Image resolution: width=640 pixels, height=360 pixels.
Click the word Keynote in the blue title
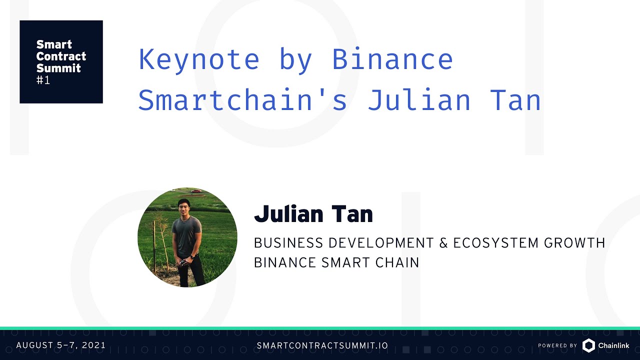pyautogui.click(x=199, y=59)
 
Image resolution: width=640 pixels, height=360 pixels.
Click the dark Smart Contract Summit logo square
pyautogui.click(x=61, y=62)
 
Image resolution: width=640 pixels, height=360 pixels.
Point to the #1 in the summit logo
pyautogui.click(x=43, y=80)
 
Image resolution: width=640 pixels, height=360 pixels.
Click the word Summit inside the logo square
pyautogui.click(x=58, y=68)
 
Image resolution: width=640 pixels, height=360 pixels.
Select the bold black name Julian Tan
pyautogui.click(x=313, y=214)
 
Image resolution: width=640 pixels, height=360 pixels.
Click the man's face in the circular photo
pyautogui.click(x=184, y=207)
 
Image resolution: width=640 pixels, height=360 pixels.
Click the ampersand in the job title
pyautogui.click(x=443, y=243)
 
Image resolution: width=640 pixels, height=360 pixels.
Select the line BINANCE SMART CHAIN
pyautogui.click(x=336, y=262)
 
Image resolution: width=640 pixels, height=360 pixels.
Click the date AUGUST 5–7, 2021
pyautogui.click(x=61, y=345)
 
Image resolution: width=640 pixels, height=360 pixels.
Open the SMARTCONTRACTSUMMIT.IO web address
pyautogui.click(x=322, y=345)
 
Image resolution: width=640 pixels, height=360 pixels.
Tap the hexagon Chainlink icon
pyautogui.click(x=588, y=345)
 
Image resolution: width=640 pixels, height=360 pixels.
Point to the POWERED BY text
pyautogui.click(x=557, y=345)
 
